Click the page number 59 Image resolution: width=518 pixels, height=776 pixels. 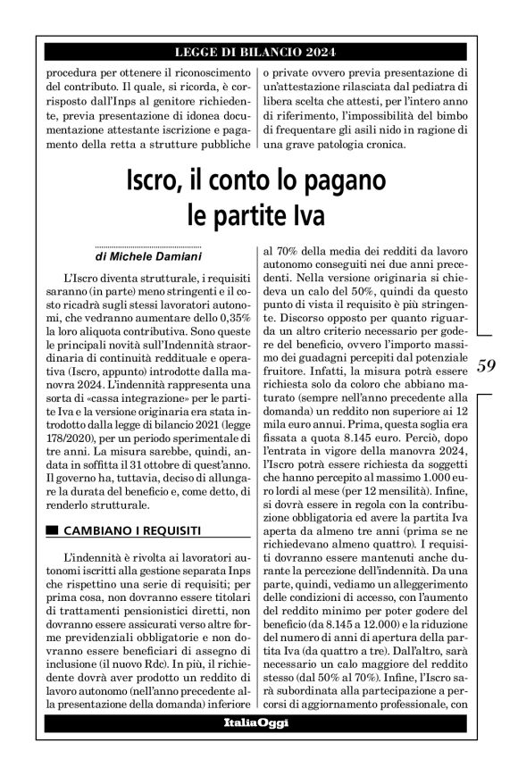point(487,365)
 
